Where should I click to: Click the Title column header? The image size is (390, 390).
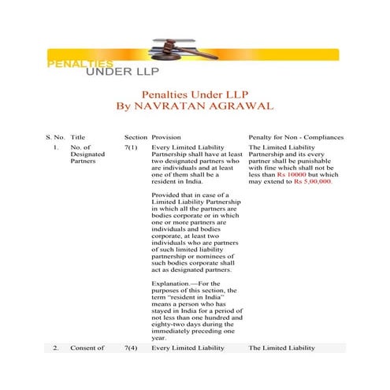coord(78,137)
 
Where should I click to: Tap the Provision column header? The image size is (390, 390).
coord(166,137)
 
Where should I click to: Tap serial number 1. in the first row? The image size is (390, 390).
coord(56,147)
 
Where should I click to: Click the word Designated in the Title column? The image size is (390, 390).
coord(87,156)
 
